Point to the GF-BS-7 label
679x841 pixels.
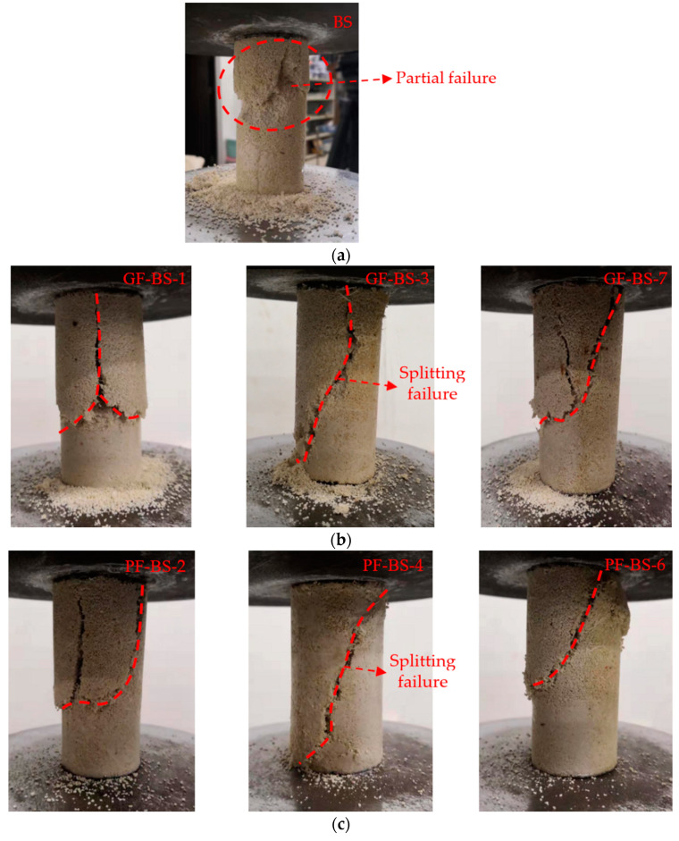(628, 279)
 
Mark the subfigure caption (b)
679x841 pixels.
(339, 540)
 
